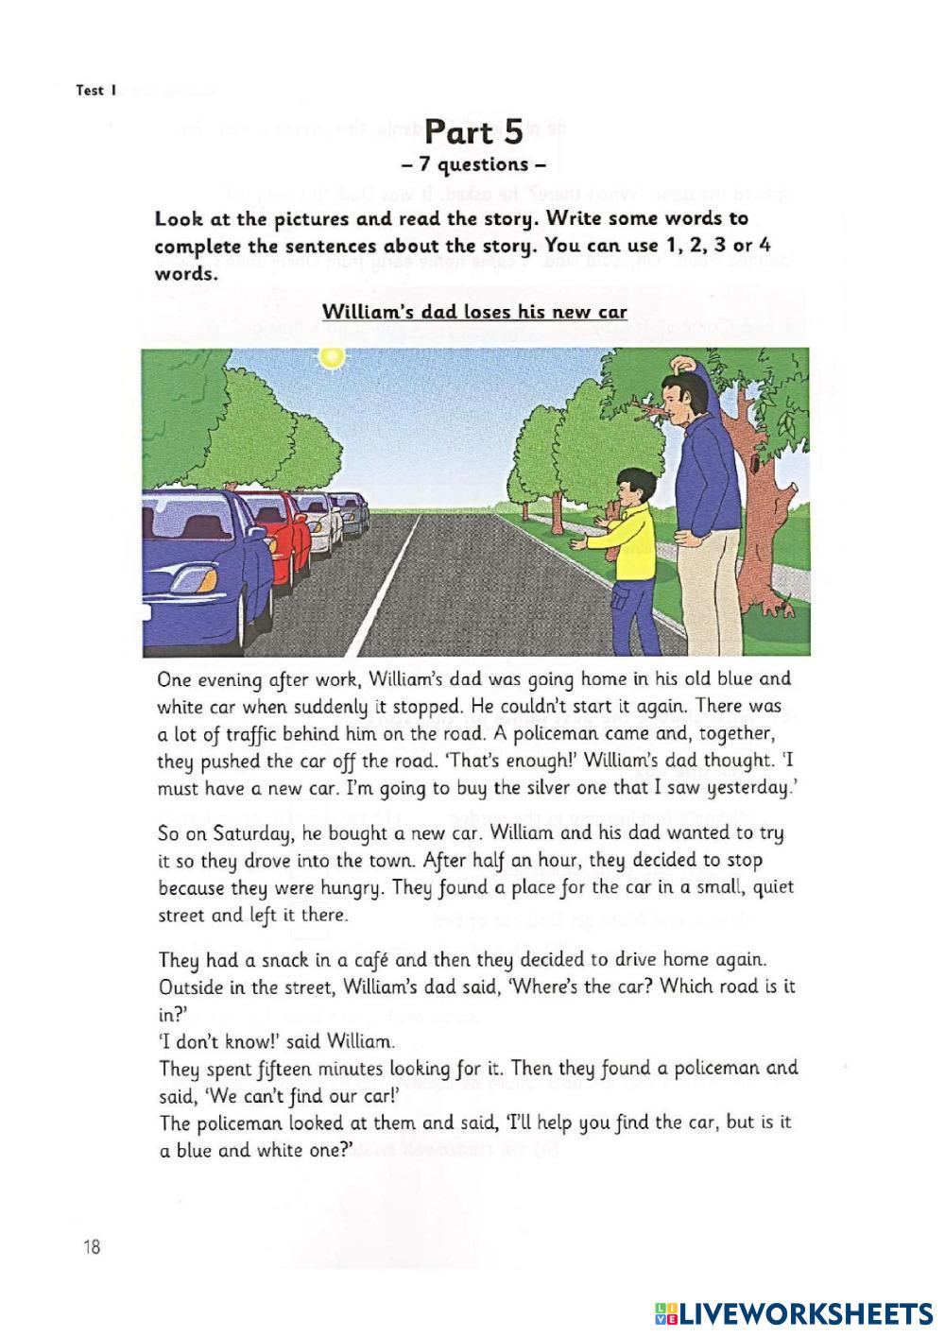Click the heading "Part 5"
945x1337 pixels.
click(x=474, y=131)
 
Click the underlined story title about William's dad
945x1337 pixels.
click(x=474, y=311)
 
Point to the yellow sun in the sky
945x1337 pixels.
click(x=331, y=357)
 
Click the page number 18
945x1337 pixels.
click(x=92, y=1247)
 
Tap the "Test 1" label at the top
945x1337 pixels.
click(x=95, y=92)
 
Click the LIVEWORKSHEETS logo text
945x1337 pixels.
click(x=803, y=1312)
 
